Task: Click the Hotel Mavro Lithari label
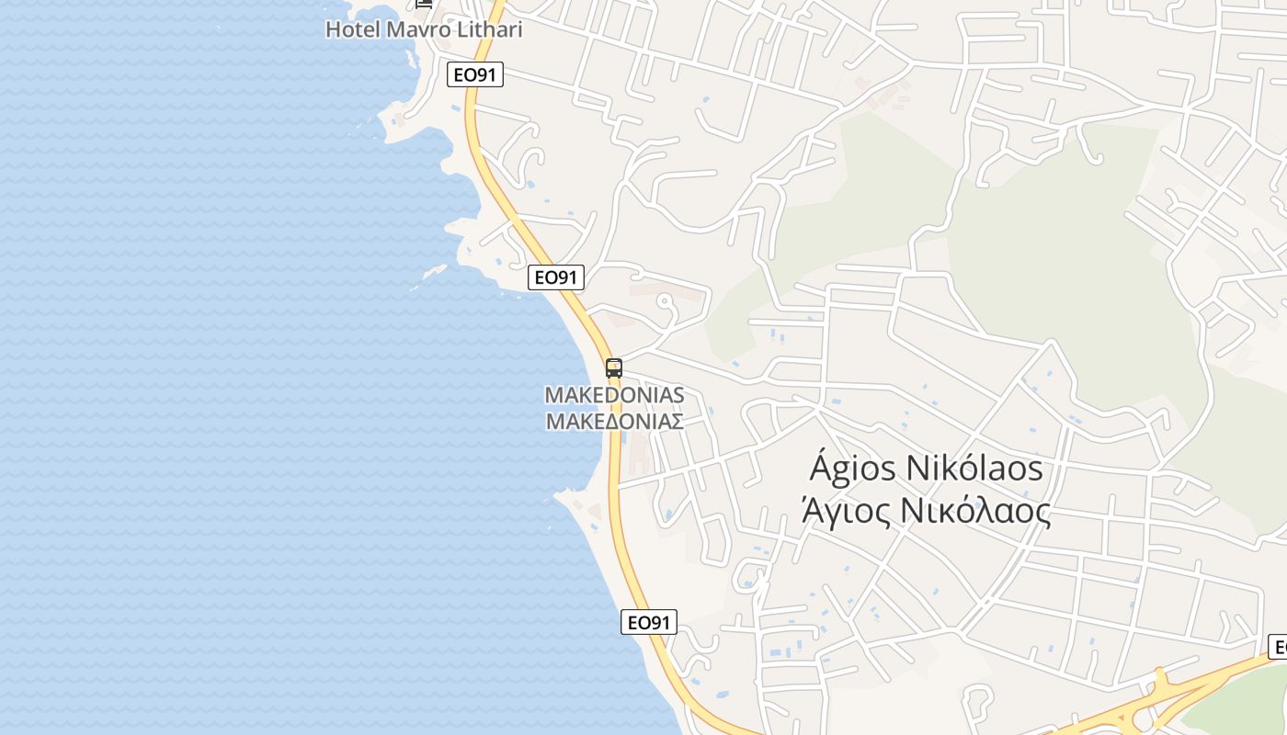[424, 29]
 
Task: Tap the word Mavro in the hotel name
[417, 29]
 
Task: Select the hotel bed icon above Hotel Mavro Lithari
[424, 3]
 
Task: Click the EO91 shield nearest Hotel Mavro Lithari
[475, 74]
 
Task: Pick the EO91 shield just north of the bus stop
[556, 277]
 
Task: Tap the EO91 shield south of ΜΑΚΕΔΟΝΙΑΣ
[648, 622]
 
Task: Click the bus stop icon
[614, 368]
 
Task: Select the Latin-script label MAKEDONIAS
[614, 395]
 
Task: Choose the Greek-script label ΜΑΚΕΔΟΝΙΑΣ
[614, 422]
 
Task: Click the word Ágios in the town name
[851, 469]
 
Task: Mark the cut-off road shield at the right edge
[1278, 646]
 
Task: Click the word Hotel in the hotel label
[352, 29]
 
